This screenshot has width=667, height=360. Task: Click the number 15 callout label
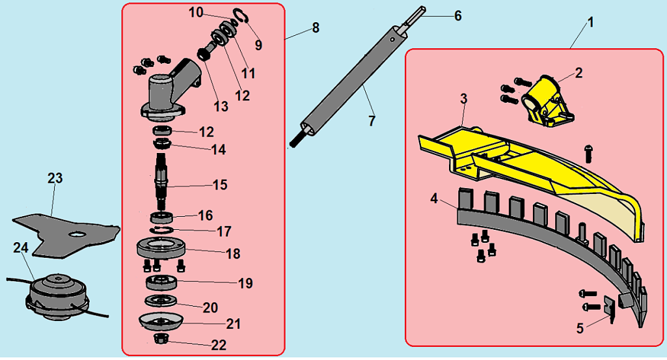[x=220, y=185]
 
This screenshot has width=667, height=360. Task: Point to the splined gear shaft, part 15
[x=163, y=179]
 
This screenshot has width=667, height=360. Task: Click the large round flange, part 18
[x=162, y=248]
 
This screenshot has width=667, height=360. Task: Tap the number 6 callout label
[x=457, y=16]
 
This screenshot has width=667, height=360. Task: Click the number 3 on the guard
[x=463, y=99]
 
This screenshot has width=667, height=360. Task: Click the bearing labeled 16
[x=162, y=216]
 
